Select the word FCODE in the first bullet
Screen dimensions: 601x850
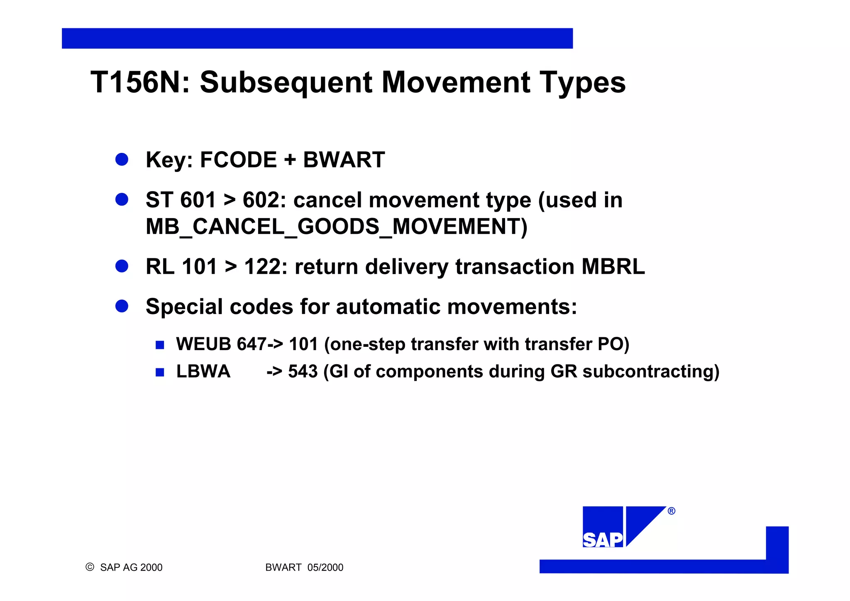coord(238,160)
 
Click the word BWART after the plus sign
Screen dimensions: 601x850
coord(344,160)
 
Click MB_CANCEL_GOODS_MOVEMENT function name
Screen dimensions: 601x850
coord(336,227)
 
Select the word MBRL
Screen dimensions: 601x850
coord(613,267)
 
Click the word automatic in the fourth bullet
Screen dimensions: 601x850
coord(388,307)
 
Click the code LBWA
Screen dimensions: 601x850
coord(203,371)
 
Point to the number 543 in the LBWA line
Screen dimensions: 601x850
coord(303,371)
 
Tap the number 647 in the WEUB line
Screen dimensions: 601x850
coord(251,344)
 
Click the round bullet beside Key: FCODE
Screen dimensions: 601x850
coord(122,159)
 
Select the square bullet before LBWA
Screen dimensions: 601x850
coord(160,372)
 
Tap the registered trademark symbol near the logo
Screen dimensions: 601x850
coord(672,511)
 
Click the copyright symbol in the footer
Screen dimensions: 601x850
coord(90,567)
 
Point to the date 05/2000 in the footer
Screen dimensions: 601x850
coord(325,567)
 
